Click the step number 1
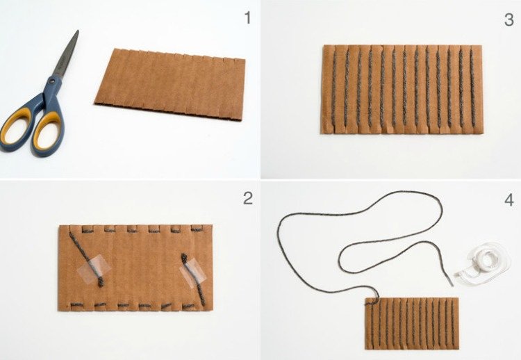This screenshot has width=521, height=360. coord(247,18)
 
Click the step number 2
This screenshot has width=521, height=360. coord(248,199)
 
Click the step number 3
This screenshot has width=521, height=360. coord(509,19)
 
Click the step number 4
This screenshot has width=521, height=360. coord(509,200)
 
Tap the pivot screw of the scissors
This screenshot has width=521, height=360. coord(51,81)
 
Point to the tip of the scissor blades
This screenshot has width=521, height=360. coord(78,31)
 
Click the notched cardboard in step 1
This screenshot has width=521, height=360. coord(170,84)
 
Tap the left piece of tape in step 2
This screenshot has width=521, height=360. coord(93,269)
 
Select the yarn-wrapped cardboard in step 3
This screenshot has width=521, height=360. coord(402,90)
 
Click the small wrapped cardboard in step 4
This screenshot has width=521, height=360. coord(412,323)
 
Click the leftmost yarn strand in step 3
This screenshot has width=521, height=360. coord(334,89)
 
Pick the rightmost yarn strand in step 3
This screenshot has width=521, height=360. coord(472,88)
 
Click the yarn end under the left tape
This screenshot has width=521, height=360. coord(100,284)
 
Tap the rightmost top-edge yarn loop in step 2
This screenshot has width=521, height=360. coord(197,229)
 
